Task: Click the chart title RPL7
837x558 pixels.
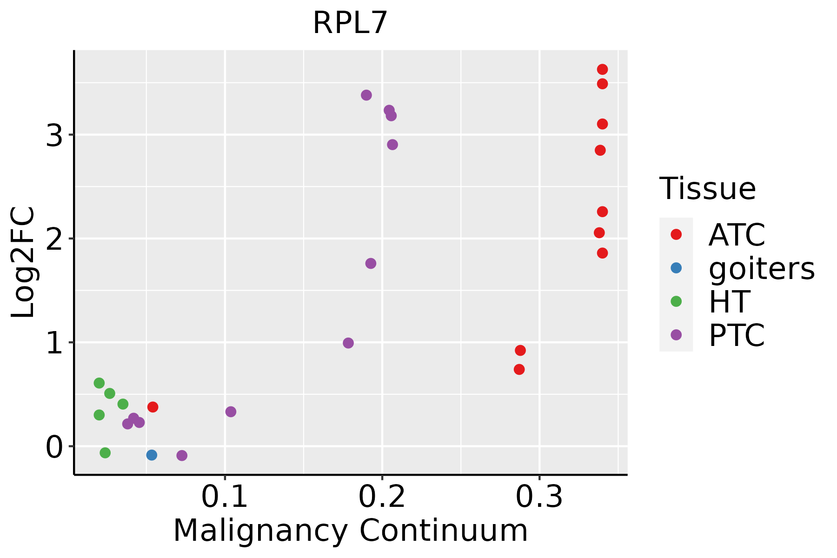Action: pyautogui.click(x=350, y=23)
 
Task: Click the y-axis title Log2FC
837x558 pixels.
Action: pyautogui.click(x=23, y=262)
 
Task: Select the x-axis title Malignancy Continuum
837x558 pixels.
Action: pyautogui.click(x=350, y=531)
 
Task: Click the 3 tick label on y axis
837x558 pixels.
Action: pyautogui.click(x=54, y=135)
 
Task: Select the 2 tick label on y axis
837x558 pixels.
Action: pyautogui.click(x=54, y=239)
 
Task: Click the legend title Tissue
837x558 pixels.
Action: pyautogui.click(x=707, y=189)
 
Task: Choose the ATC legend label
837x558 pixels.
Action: pyautogui.click(x=737, y=235)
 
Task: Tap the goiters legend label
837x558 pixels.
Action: pyautogui.click(x=761, y=268)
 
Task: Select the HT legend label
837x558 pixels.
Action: pyautogui.click(x=729, y=302)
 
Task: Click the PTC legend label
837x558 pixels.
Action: pyautogui.click(x=737, y=335)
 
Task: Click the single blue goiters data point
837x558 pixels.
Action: pyautogui.click(x=152, y=455)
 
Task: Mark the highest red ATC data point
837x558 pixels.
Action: pyautogui.click(x=602, y=70)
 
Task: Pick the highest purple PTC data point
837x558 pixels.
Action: pyautogui.click(x=366, y=95)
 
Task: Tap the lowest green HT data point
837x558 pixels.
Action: pyautogui.click(x=105, y=452)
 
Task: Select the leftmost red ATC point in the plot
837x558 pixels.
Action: pyautogui.click(x=153, y=407)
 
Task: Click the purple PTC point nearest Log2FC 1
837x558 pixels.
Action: pyautogui.click(x=348, y=343)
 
